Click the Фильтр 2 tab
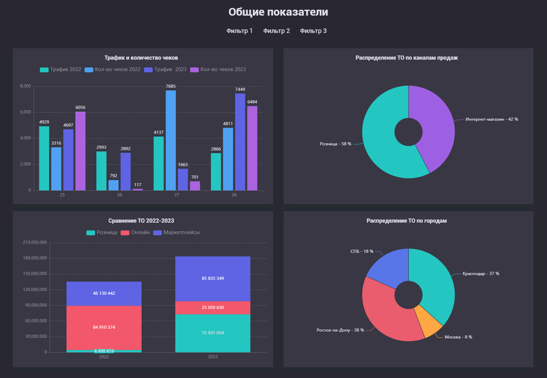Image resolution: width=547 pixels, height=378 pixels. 276,31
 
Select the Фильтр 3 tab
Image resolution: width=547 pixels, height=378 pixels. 313,31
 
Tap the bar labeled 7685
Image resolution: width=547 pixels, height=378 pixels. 171,140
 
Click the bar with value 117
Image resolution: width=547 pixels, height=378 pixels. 138,189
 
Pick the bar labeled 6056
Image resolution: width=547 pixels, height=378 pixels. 81,151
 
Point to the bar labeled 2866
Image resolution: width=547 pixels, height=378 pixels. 216,172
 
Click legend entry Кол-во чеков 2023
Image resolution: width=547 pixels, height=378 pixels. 218,69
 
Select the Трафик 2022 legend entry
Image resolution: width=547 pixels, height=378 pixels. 61,69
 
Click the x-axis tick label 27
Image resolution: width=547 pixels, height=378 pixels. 177,195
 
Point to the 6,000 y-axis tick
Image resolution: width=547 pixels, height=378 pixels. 25,112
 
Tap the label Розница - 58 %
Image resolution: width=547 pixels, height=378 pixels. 335,144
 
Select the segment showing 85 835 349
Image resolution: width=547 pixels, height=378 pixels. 213,278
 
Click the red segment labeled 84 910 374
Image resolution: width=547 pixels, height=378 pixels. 104,327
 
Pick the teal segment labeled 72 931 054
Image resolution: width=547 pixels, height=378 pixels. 213,333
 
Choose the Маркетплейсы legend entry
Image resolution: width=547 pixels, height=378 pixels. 177,232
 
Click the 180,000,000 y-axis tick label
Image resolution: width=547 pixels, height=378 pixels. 35,258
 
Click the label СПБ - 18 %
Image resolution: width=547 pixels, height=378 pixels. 362,251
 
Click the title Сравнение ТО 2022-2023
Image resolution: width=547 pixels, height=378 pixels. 141,221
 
